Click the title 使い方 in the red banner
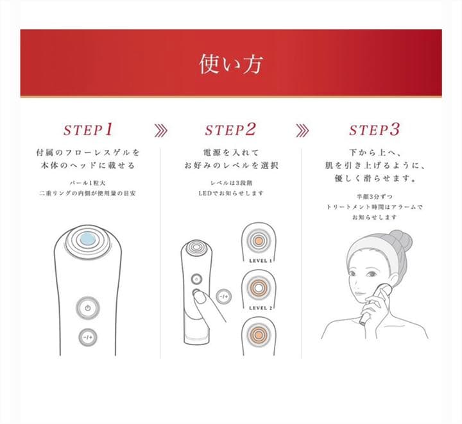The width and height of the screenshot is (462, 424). point(230,64)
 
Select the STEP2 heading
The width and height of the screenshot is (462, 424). point(230,129)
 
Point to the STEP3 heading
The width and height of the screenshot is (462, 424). point(374,129)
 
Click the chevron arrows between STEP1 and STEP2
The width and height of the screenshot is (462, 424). point(161,130)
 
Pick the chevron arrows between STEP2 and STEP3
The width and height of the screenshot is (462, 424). point(302,130)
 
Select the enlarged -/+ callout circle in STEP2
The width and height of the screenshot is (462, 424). point(223,297)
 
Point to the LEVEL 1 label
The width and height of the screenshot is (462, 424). point(261,261)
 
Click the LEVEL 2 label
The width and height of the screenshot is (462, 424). point(261,308)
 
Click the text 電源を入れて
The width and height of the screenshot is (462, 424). point(230,154)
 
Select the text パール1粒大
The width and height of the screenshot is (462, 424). point(87,183)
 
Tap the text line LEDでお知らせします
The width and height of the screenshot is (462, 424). point(230,193)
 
